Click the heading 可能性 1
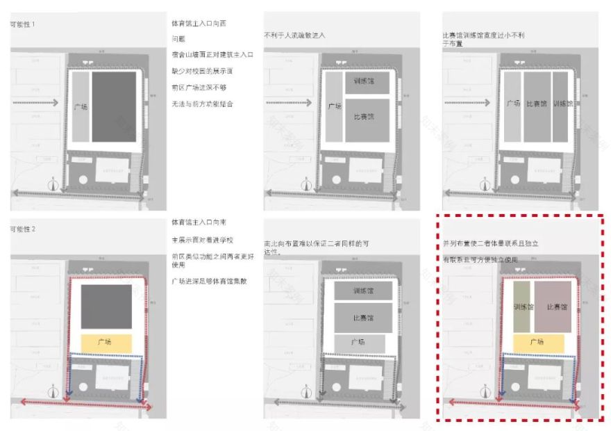pyautogui.click(x=23, y=24)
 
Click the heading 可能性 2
pyautogui.click(x=23, y=229)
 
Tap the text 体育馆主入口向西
pyautogui.click(x=199, y=24)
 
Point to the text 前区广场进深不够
pyautogui.click(x=199, y=88)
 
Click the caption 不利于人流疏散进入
pyautogui.click(x=294, y=35)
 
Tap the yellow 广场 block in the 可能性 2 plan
pyautogui.click(x=106, y=342)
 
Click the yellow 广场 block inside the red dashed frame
pyautogui.click(x=539, y=342)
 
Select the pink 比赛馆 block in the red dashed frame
pyautogui.click(x=553, y=307)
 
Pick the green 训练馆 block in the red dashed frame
pyautogui.click(x=522, y=307)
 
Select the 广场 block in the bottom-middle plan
pyautogui.click(x=358, y=343)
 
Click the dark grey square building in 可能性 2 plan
pyautogui.click(x=106, y=307)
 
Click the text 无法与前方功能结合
pyautogui.click(x=202, y=104)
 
